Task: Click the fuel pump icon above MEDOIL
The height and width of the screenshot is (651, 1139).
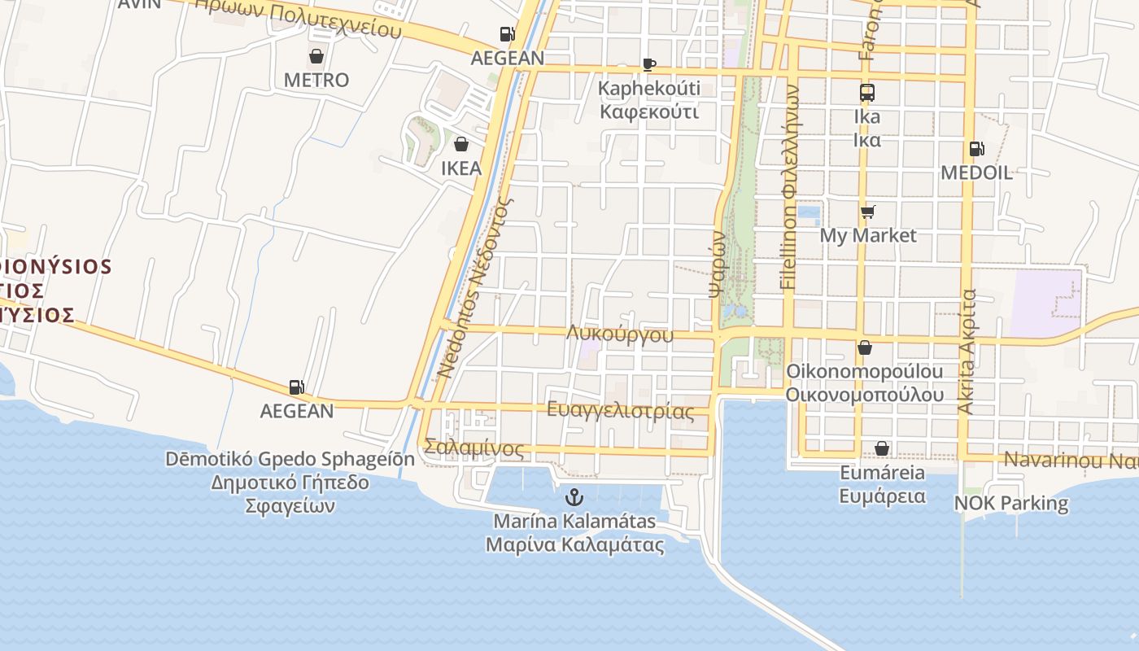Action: coord(975,149)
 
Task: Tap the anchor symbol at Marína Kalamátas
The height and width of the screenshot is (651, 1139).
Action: coord(574,496)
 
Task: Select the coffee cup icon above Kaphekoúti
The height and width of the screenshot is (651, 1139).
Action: coord(648,64)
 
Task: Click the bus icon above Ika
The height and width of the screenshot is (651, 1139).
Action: coord(866,92)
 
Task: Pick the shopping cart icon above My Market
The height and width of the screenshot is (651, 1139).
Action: coord(867,212)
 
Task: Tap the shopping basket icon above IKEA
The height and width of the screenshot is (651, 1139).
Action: coord(461,144)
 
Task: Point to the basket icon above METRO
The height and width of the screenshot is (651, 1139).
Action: coord(316,56)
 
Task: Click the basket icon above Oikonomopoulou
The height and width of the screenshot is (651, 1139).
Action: coord(864,347)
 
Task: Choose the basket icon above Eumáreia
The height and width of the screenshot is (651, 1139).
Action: coord(882,448)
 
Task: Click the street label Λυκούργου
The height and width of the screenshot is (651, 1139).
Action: coord(621,334)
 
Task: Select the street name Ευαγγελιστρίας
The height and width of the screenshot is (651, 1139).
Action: coord(620,410)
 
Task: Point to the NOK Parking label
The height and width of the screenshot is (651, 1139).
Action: coord(1011,503)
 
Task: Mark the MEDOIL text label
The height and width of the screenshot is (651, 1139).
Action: coord(976,173)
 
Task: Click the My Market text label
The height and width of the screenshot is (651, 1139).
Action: coord(867,235)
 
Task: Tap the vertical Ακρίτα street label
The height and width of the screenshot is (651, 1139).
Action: coord(966,351)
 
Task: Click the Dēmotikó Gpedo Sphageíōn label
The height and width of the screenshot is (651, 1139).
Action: coord(290,459)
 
